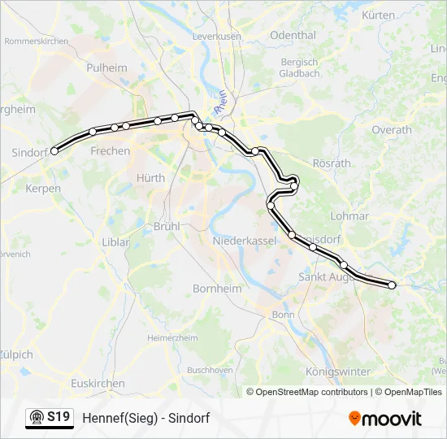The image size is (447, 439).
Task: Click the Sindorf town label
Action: [29, 152]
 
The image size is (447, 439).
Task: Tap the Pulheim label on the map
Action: [106, 68]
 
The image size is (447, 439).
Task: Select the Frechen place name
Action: [110, 151]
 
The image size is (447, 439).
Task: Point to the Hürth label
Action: [150, 178]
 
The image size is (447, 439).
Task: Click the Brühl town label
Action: [166, 226]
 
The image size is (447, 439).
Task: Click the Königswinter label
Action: [337, 372]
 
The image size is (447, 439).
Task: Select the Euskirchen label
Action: [98, 383]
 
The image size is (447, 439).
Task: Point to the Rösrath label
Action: [331, 163]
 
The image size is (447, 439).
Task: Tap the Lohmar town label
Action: [349, 216]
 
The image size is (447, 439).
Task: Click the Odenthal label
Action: [293, 36]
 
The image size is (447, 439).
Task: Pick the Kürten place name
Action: [378, 15]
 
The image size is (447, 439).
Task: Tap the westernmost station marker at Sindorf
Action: [54, 150]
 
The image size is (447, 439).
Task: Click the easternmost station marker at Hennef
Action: [392, 285]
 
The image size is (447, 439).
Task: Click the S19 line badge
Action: [49, 418]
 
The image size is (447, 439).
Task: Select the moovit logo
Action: [385, 419]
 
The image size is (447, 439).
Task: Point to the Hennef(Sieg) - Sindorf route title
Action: [146, 419]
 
